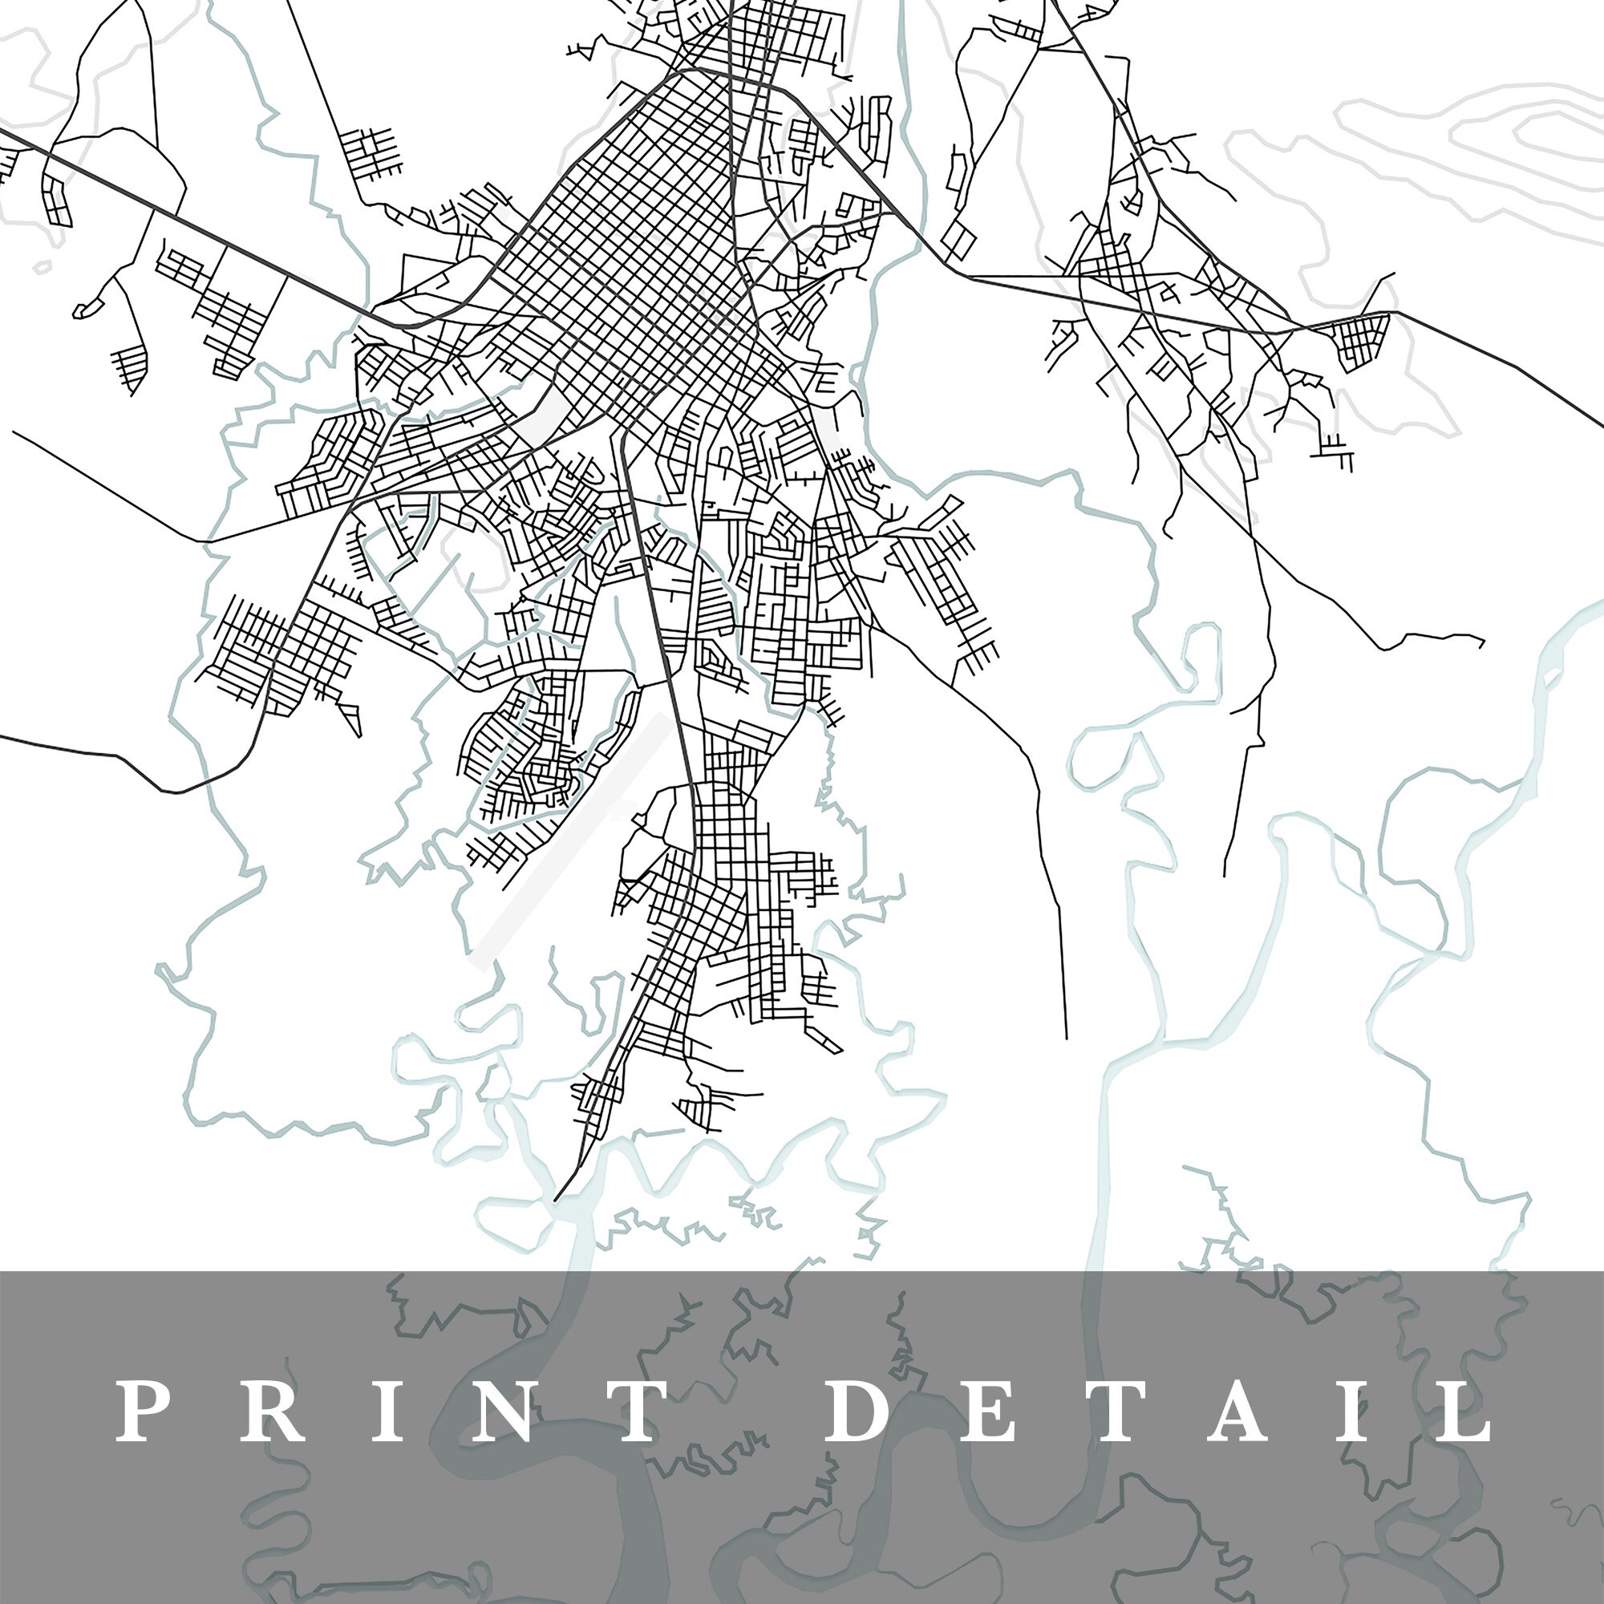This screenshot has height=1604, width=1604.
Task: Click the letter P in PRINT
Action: [138, 1411]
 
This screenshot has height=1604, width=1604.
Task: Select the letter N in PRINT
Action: [504, 1411]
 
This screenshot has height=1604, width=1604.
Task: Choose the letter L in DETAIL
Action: [1466, 1411]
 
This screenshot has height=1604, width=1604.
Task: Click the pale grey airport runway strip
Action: [573, 839]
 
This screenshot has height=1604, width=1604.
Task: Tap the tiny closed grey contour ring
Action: [42, 267]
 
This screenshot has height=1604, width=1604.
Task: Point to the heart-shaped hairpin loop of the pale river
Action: [1200, 656]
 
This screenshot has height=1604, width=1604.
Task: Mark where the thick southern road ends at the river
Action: [556, 1200]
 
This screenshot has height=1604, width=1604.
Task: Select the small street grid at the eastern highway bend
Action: [1362, 340]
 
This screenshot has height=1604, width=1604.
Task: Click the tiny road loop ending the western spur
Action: [83, 310]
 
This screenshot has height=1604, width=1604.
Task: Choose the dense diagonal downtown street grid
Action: [631, 249]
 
